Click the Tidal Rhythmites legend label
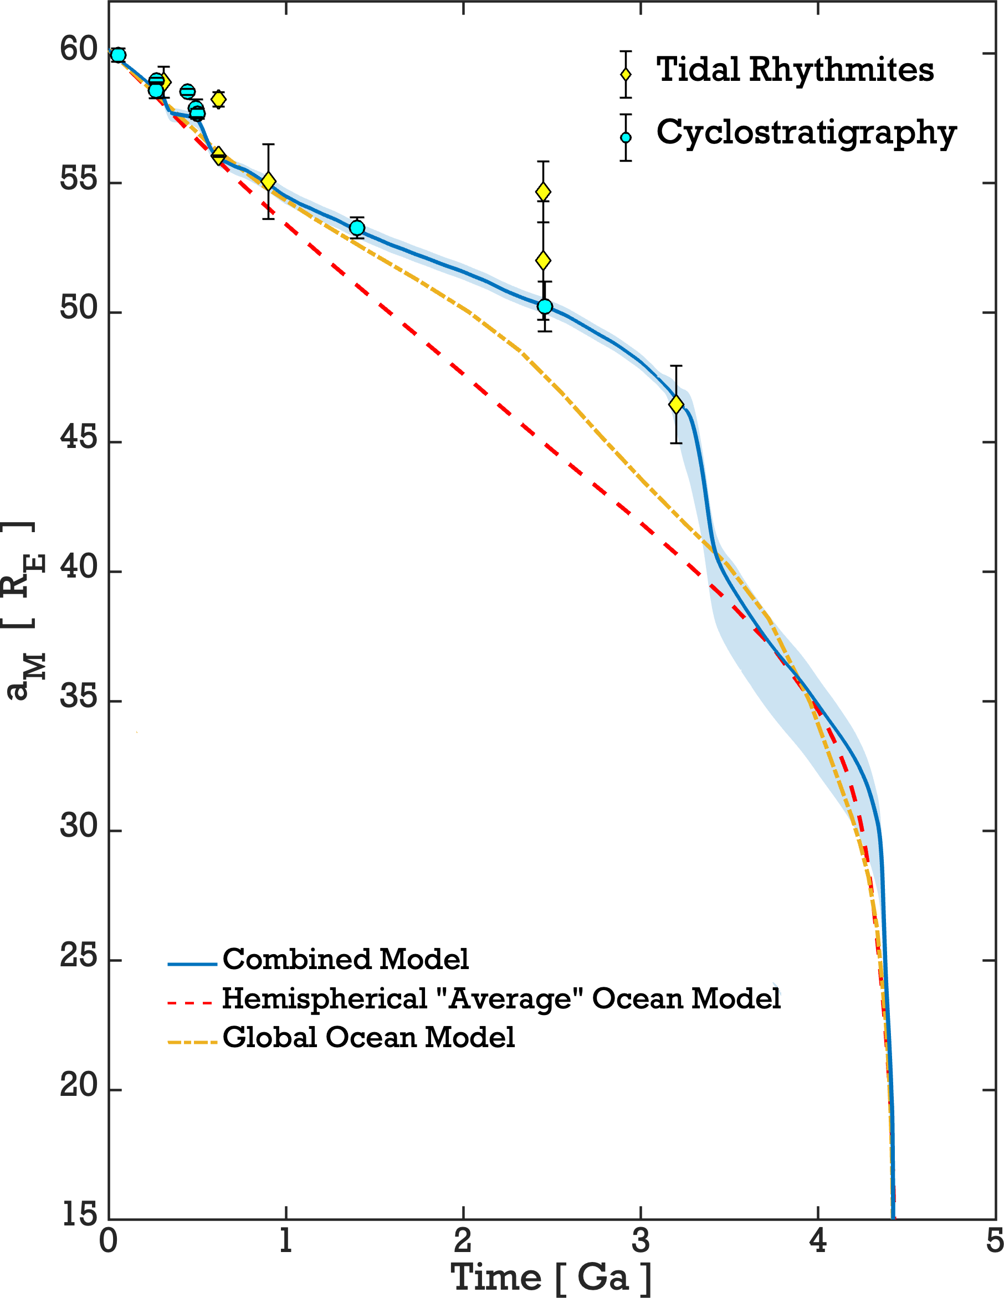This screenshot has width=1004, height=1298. point(795,70)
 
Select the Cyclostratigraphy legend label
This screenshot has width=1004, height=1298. point(806,132)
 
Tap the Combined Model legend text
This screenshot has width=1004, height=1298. point(346,959)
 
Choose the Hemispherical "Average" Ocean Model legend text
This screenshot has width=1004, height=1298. point(501,998)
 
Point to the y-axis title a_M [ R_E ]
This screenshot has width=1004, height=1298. point(24,612)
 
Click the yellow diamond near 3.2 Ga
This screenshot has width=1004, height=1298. point(675,405)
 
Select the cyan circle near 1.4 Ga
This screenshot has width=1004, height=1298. point(357,228)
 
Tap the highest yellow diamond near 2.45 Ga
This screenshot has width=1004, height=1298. point(543,192)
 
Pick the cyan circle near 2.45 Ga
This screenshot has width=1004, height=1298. point(545,307)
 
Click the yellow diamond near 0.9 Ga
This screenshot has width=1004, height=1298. point(268,181)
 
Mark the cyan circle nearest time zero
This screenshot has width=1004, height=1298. point(119,55)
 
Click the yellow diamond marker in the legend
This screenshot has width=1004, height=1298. point(626,75)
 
